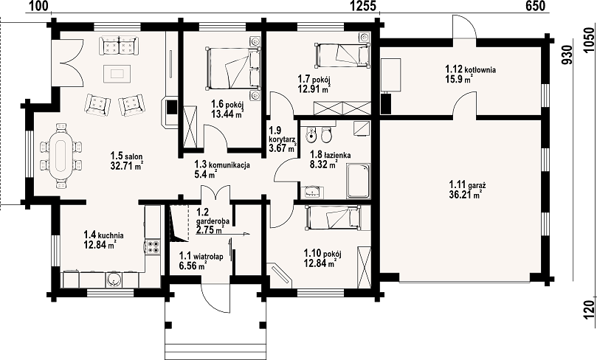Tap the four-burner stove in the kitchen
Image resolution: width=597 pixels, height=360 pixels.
click(x=153, y=246)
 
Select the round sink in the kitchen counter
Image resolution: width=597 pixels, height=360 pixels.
click(x=114, y=280)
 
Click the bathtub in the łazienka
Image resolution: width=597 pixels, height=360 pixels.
click(x=359, y=181)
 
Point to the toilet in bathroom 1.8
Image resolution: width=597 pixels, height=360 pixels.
click(x=326, y=134)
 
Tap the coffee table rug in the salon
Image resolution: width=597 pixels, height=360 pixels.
click(x=117, y=73)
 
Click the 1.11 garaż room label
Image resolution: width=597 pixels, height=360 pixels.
click(x=467, y=190)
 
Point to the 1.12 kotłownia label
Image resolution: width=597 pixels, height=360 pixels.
click(x=470, y=74)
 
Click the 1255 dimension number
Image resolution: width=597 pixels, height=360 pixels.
click(x=363, y=6)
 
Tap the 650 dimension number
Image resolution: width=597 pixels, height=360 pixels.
click(x=535, y=6)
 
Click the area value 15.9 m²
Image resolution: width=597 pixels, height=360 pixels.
click(x=459, y=79)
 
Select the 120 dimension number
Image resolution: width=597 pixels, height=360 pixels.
click(x=589, y=308)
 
